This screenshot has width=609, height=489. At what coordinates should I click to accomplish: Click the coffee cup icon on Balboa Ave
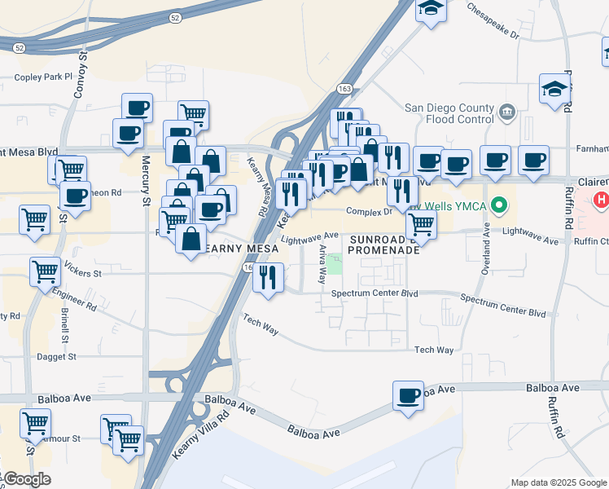pyautogui.click(x=407, y=396)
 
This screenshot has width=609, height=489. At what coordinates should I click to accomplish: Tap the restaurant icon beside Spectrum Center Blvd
pyautogui.click(x=268, y=277)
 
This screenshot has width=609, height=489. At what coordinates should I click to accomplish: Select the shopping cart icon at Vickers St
pyautogui.click(x=45, y=271)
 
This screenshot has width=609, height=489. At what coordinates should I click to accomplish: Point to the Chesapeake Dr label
pyautogui.click(x=493, y=20)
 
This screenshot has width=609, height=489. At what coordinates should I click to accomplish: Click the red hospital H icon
pyautogui.click(x=601, y=199)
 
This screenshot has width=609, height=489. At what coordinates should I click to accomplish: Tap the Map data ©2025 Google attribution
pyautogui.click(x=558, y=482)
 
